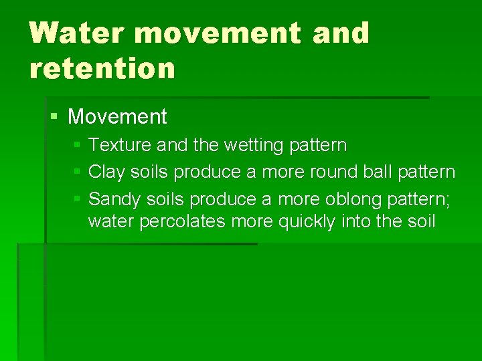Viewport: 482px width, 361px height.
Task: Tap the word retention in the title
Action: pyautogui.click(x=102, y=68)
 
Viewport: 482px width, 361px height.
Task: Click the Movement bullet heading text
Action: pyautogui.click(x=117, y=117)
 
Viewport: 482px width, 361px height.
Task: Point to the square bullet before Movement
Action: pyautogui.click(x=55, y=117)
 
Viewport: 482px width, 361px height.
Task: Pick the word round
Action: pyautogui.click(x=335, y=172)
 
